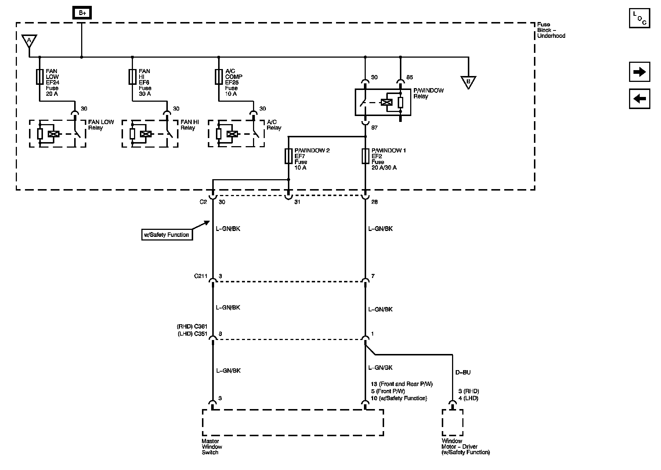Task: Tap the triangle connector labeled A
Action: (29, 40)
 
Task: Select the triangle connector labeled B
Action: (468, 82)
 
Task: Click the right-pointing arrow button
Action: (639, 72)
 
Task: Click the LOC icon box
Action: (639, 18)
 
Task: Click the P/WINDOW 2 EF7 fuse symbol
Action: (288, 156)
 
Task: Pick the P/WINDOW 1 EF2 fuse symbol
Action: (365, 156)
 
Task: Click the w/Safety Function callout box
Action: (167, 235)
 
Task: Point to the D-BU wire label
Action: (463, 372)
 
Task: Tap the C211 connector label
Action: (201, 276)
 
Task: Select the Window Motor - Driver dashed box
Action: (452, 423)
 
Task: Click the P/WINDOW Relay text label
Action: (429, 93)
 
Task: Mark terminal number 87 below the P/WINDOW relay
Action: (374, 128)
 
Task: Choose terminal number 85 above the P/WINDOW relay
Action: (410, 77)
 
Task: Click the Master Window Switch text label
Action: (212, 447)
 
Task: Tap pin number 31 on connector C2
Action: (297, 202)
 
